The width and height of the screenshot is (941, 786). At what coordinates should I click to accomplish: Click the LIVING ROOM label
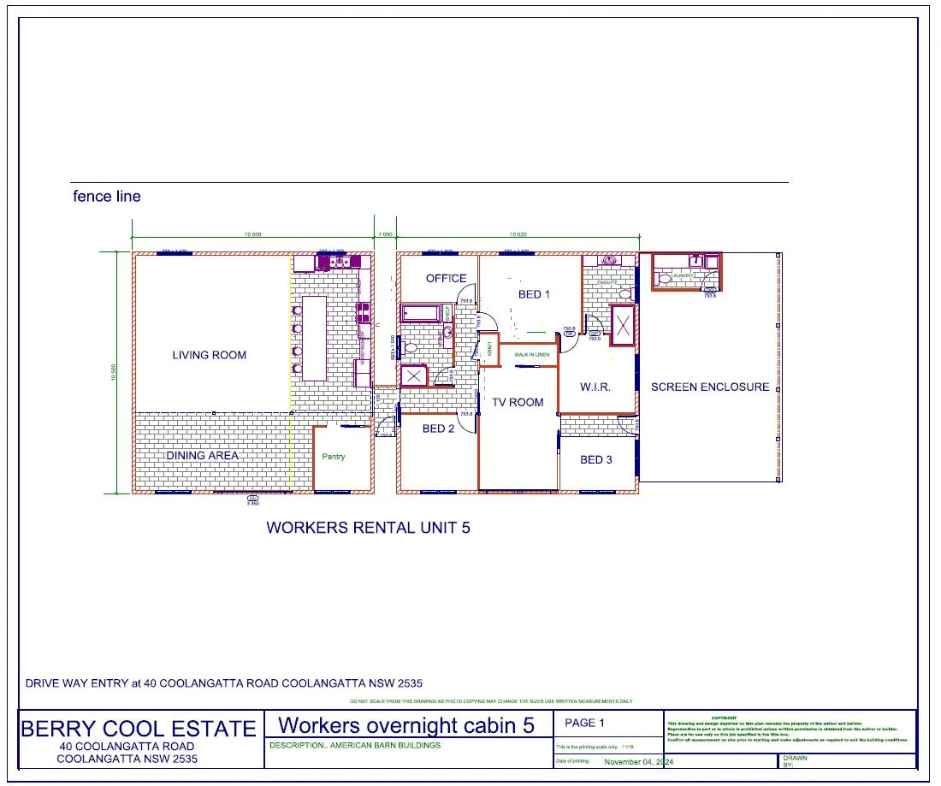point(209,355)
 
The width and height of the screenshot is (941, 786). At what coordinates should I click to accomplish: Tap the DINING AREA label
point(202,456)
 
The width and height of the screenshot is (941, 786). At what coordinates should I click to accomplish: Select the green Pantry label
point(334,457)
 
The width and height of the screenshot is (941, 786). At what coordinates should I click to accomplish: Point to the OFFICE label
point(447,278)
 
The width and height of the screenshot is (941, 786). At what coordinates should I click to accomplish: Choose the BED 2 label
point(439,428)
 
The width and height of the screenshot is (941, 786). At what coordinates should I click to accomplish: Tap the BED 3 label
point(596,459)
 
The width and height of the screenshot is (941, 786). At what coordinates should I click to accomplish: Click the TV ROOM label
point(518,402)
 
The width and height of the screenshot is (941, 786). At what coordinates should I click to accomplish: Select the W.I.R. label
point(595,387)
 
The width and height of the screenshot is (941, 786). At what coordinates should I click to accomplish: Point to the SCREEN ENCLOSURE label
point(710,387)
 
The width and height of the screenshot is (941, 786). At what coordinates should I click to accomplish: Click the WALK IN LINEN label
point(531,354)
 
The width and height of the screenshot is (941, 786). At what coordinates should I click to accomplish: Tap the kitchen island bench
point(315,338)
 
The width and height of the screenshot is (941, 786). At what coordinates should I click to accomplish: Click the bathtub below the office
point(420,312)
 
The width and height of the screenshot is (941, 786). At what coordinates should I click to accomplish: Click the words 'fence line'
point(107,197)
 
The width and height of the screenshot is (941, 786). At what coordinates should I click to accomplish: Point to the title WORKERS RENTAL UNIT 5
point(368,528)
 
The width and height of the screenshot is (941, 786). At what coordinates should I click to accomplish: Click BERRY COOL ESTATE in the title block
point(139,729)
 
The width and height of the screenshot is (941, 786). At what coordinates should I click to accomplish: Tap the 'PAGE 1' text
point(585,724)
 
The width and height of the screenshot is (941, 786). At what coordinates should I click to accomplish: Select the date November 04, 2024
point(639,762)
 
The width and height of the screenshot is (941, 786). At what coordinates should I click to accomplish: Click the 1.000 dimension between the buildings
point(385,233)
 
